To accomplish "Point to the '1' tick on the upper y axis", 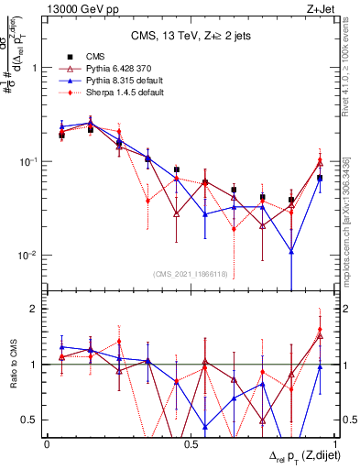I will (x=34, y=68).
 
